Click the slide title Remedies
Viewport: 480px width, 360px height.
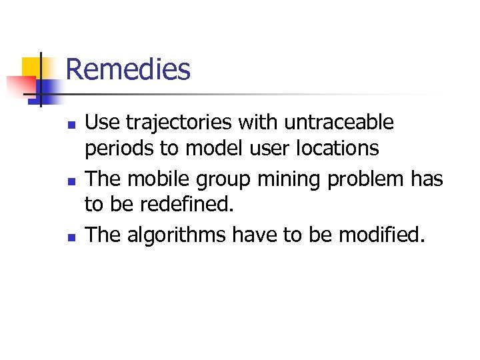point(128,69)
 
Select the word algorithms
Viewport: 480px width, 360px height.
point(175,235)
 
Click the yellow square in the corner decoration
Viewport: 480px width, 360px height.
point(31,67)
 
